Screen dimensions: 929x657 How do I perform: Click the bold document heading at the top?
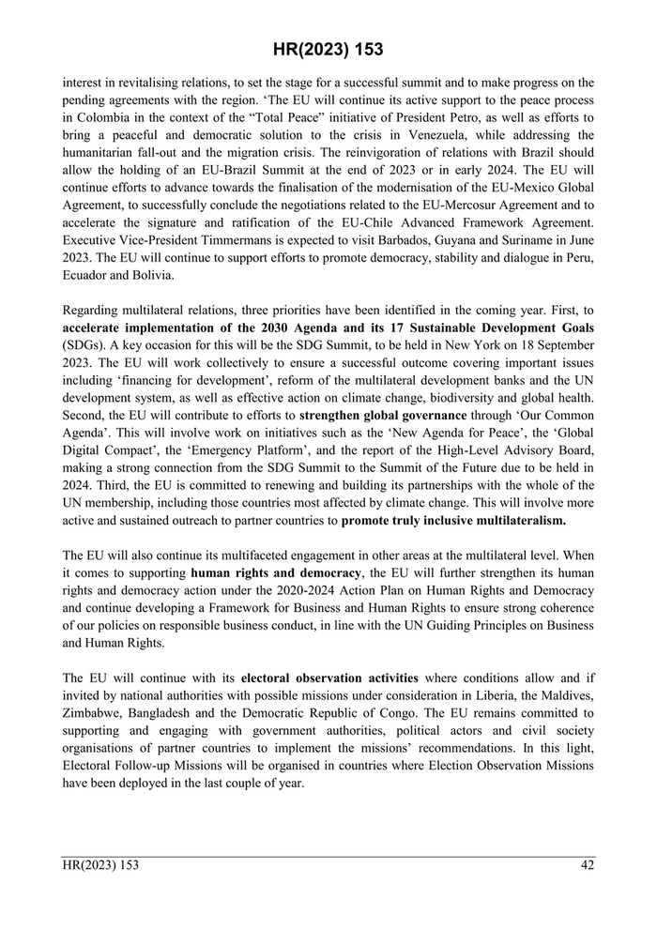click(x=328, y=50)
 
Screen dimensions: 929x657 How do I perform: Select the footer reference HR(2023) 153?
click(x=100, y=865)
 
